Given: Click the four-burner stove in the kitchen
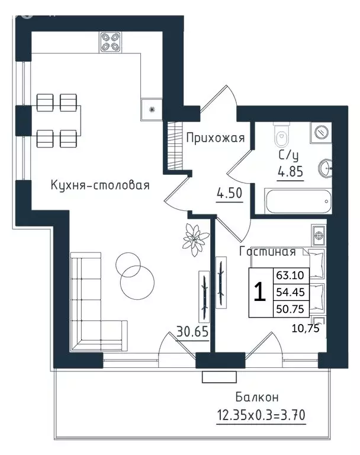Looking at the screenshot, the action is tap(111, 43).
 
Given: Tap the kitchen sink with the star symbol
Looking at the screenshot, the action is tap(152, 110).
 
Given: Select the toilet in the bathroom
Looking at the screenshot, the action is tap(281, 136).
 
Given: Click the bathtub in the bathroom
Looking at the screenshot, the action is tap(298, 201).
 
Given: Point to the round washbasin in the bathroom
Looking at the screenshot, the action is tap(326, 168).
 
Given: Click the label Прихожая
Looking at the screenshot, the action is tap(216, 138).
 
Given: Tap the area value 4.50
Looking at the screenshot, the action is tap(230, 193).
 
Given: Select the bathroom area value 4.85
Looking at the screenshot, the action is tap(290, 172).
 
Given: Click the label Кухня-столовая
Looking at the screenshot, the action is tap(100, 185).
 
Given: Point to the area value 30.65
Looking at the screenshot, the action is tap(192, 331).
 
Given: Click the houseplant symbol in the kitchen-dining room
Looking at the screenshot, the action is tap(196, 239).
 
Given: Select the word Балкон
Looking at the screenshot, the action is tap(257, 397).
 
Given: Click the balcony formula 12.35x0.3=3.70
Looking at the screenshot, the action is tap(261, 415).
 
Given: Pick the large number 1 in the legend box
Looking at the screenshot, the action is tap(260, 292).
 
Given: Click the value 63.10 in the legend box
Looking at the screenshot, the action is tap(290, 275).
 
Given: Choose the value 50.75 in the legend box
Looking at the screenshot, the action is tap(290, 309).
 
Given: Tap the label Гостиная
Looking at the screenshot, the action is tap(267, 252).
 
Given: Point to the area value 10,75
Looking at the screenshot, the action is tap(306, 328).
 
